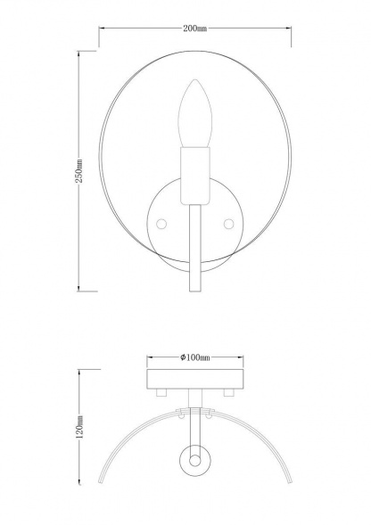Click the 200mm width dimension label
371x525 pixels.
pyautogui.click(x=194, y=29)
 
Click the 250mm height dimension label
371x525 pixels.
pyautogui.click(x=79, y=171)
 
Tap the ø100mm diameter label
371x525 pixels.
pyautogui.click(x=194, y=357)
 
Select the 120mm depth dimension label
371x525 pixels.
pyautogui.click(x=79, y=431)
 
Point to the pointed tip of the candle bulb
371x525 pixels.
pyautogui.click(x=194, y=83)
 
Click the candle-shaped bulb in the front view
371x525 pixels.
pyautogui.click(x=194, y=115)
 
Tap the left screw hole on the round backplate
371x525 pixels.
pyautogui.click(x=161, y=220)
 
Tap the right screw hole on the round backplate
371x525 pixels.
pyautogui.click(x=227, y=220)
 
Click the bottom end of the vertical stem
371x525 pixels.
pyautogui.click(x=194, y=293)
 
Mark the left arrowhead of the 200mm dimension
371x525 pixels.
pyautogui.click(x=101, y=29)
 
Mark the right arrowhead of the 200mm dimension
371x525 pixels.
pyautogui.click(x=291, y=29)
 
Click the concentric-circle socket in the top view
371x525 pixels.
pyautogui.click(x=194, y=458)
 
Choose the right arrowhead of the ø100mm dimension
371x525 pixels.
pyautogui.click(x=242, y=357)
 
